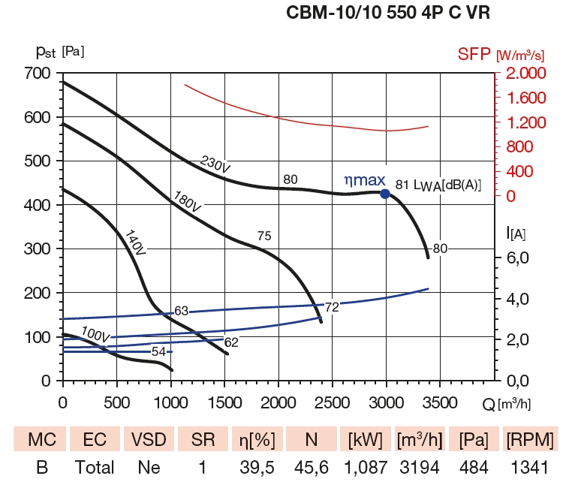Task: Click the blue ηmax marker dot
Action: [x=385, y=194]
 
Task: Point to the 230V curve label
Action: [x=215, y=166]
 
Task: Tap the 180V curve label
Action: [x=187, y=200]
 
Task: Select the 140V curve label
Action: [x=135, y=242]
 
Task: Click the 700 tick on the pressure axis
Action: [x=37, y=74]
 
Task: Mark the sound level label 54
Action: [x=158, y=351]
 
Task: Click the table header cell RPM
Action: [x=530, y=438]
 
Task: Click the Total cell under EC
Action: [x=95, y=468]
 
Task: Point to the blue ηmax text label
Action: [x=364, y=180]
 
